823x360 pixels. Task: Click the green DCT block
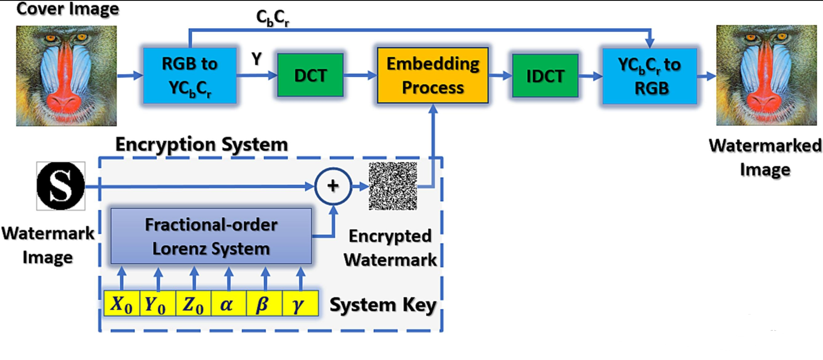(x=310, y=76)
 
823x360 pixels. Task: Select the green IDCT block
(x=545, y=76)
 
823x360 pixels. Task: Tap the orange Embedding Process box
(x=433, y=76)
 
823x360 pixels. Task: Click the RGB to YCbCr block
(x=190, y=76)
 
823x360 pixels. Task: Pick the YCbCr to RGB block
(x=650, y=76)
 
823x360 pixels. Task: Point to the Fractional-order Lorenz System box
(x=211, y=236)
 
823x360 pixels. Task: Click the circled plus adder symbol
(x=333, y=186)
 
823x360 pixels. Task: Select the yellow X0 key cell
(x=122, y=304)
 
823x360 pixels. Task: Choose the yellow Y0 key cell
(x=157, y=304)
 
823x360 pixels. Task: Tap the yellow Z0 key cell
(x=193, y=304)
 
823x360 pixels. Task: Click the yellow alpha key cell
(x=228, y=304)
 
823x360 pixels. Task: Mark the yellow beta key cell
(x=264, y=304)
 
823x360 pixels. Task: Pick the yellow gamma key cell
(x=300, y=304)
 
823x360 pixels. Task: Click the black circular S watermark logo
(x=61, y=186)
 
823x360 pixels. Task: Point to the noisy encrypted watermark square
(x=393, y=186)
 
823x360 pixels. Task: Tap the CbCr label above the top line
(x=272, y=18)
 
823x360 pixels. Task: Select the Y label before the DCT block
(x=257, y=59)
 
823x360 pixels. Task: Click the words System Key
(x=383, y=305)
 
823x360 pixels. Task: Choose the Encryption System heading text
(x=202, y=145)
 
